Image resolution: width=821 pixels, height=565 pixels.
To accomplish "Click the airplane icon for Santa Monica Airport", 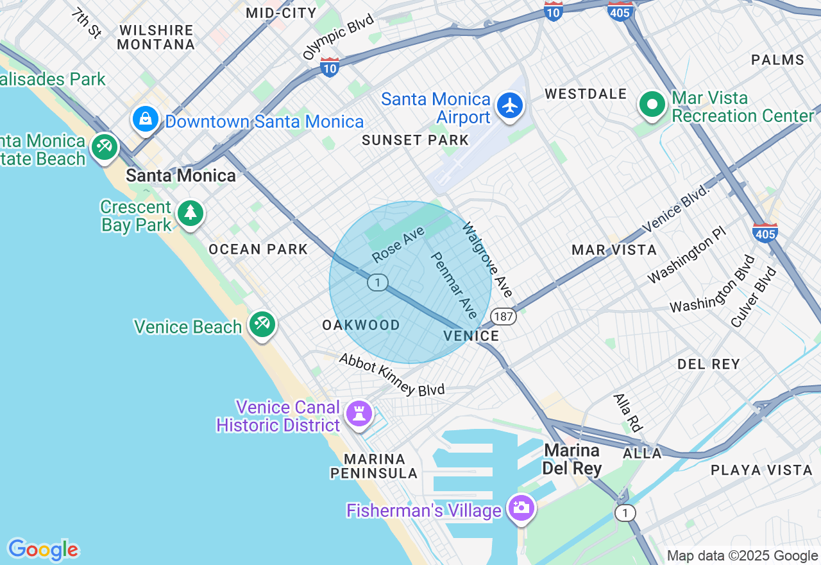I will pyautogui.click(x=510, y=106).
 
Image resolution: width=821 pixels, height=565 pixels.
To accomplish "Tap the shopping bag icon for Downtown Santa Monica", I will pyautogui.click(x=146, y=119).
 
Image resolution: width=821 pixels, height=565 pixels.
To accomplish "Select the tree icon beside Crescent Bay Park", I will pyautogui.click(x=190, y=213).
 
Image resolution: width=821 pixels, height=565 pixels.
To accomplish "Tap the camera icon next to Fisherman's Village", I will pyautogui.click(x=521, y=508).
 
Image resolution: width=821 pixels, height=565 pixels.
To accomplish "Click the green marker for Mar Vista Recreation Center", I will pyautogui.click(x=652, y=103).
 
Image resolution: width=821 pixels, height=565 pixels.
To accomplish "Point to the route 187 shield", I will pyautogui.click(x=504, y=316).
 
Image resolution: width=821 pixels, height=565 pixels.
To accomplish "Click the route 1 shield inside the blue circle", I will pyautogui.click(x=378, y=282).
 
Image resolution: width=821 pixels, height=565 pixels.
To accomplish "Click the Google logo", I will pyautogui.click(x=43, y=550).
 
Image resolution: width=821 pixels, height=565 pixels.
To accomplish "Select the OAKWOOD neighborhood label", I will pyautogui.click(x=361, y=326).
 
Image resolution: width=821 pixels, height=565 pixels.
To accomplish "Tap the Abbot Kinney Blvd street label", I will pyautogui.click(x=392, y=375).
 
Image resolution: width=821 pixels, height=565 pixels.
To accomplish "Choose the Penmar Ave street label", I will pyautogui.click(x=454, y=285).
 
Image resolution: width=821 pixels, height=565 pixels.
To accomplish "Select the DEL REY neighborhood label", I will pyautogui.click(x=709, y=365).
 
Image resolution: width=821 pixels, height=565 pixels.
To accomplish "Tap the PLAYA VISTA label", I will pyautogui.click(x=761, y=470).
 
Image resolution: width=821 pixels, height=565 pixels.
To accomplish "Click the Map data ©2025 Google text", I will pyautogui.click(x=742, y=556).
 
